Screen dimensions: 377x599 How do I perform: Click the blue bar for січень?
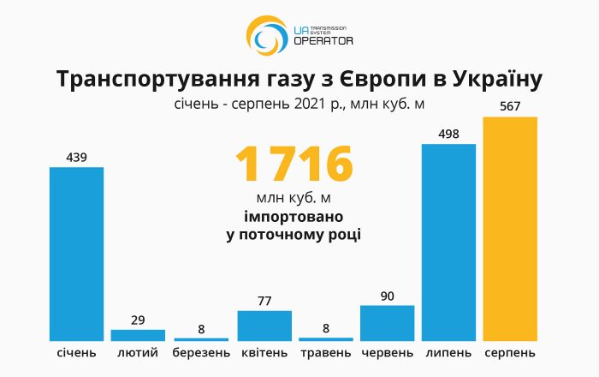76,254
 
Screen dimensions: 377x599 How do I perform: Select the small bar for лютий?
138,335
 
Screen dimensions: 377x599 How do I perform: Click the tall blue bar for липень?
448,242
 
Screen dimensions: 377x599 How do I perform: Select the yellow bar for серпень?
510,229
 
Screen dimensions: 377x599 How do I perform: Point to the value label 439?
76,157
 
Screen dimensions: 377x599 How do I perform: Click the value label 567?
510,107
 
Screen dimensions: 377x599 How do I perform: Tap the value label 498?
448,134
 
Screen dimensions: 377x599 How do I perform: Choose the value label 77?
264,301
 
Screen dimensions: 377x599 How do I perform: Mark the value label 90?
387,296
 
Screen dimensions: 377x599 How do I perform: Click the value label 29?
138,320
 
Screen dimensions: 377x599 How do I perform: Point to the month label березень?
201,353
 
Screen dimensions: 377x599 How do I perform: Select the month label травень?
325,353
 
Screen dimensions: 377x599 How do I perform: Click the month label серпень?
510,353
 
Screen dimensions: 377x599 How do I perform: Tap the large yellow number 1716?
294,165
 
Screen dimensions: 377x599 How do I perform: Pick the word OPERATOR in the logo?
323,41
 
